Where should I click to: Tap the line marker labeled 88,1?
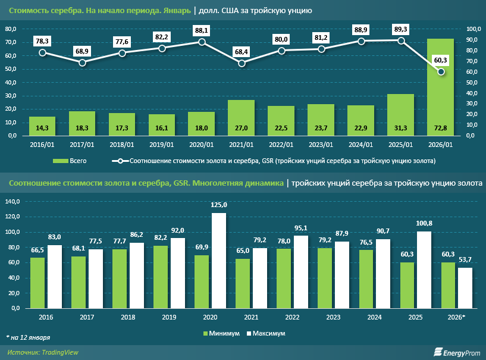pyautogui.click(x=202, y=42)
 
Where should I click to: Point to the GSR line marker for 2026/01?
pyautogui.click(x=441, y=72)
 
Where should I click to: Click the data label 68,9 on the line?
pyautogui.click(x=83, y=52)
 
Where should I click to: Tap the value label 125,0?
pyautogui.click(x=219, y=205)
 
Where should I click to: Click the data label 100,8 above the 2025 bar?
pyautogui.click(x=424, y=224)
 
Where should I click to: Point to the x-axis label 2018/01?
pyautogui.click(x=122, y=145)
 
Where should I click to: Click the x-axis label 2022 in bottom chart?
pyautogui.click(x=291, y=317)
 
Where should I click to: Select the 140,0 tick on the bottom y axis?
pyautogui.click(x=12, y=201)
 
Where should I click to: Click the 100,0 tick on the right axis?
pyautogui.click(x=473, y=29)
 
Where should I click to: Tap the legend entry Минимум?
pyautogui.click(x=223, y=333)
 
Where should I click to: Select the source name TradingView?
pyautogui.click(x=59, y=352)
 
